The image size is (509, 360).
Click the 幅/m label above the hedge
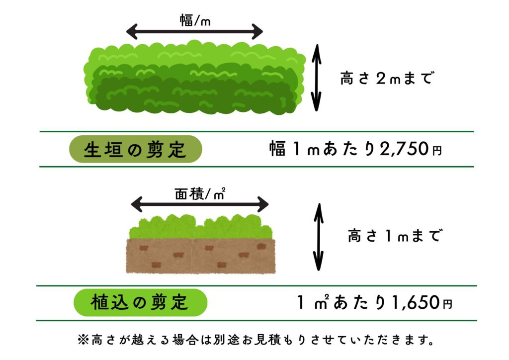(x=195, y=20)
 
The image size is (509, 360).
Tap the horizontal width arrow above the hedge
(x=194, y=32)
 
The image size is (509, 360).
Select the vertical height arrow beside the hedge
(x=316, y=78)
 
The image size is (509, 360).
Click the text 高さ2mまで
(x=387, y=78)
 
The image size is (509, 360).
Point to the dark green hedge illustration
(x=194, y=78)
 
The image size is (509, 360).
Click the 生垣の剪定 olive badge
(x=136, y=149)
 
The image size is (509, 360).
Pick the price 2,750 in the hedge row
(x=404, y=149)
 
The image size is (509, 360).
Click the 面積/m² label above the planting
(x=200, y=194)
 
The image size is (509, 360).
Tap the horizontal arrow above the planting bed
(x=200, y=204)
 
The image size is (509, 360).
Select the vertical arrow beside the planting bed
(x=319, y=237)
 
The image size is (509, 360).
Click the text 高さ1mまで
(x=394, y=235)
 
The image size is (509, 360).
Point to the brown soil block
(x=201, y=256)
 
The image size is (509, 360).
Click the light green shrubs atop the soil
(x=201, y=227)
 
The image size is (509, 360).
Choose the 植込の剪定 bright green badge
(x=140, y=302)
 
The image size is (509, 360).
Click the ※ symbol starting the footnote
(x=83, y=340)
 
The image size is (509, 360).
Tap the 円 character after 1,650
(x=448, y=304)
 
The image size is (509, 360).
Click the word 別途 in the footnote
(x=226, y=340)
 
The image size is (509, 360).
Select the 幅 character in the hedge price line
(x=277, y=149)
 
